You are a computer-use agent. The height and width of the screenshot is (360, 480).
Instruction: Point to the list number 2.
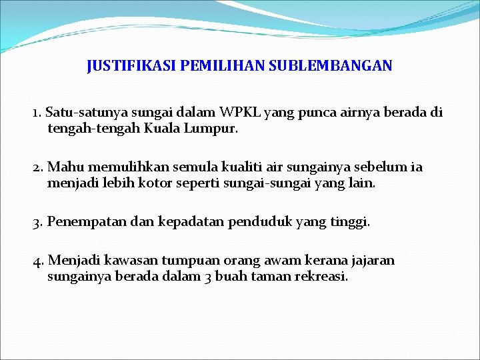37,167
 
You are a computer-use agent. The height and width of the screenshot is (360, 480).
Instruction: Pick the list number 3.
37,221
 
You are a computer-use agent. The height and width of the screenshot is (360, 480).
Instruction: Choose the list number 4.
37,261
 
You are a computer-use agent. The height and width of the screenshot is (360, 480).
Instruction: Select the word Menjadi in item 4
72,261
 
